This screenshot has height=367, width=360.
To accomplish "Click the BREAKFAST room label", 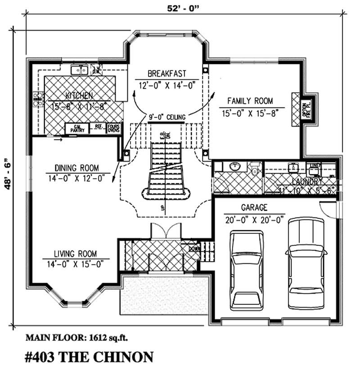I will (166, 74).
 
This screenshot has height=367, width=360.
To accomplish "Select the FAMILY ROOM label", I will (250, 101).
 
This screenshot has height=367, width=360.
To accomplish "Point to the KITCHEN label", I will (79, 95).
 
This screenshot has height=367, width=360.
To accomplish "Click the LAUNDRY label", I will (306, 181).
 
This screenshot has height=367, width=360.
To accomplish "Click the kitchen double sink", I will (80, 70).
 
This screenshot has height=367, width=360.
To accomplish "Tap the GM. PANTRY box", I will (77, 128).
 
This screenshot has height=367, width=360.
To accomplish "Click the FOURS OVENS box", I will (113, 128).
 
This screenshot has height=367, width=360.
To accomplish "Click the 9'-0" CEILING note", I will (166, 117).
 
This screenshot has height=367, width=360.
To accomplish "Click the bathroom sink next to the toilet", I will (235, 167).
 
